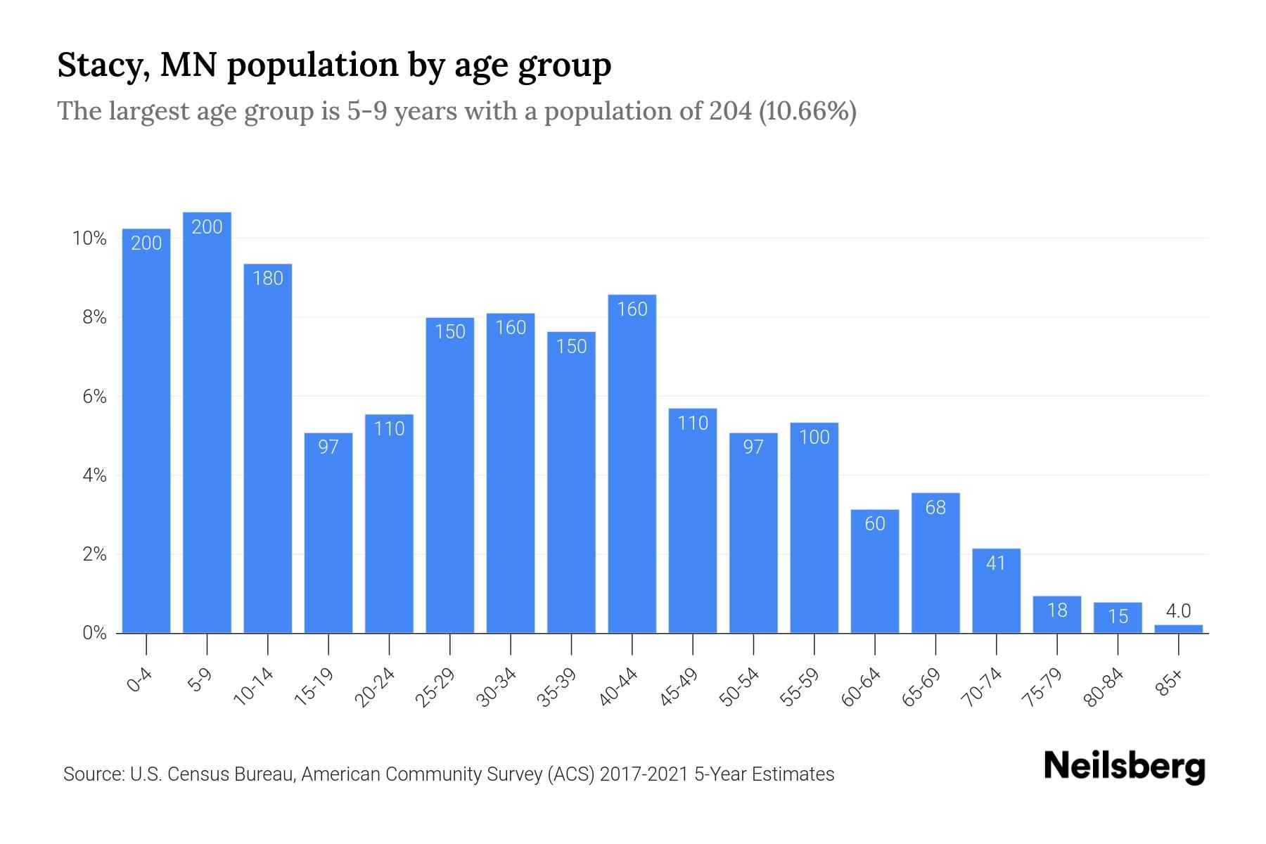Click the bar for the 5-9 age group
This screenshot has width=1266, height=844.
pos(207,422)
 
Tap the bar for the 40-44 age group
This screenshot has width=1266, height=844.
pos(632,464)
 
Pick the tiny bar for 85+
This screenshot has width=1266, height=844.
pos(1178,629)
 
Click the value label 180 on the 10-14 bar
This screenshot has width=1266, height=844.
pos(267,279)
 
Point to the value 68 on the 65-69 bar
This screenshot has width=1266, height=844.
pos(935,508)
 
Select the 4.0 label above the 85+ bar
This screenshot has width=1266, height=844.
pos(1178,610)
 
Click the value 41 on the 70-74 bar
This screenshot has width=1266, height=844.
pos(996,563)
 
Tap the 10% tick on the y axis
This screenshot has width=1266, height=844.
pos(90,238)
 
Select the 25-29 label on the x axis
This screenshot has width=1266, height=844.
pos(435,687)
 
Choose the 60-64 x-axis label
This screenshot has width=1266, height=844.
pos(861,687)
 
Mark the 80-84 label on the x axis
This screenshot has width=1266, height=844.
pos(1104,687)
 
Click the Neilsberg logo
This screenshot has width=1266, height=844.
pos(1125,767)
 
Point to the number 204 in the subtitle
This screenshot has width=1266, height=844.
pos(730,111)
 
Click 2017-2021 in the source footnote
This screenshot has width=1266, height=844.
pos(644,774)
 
